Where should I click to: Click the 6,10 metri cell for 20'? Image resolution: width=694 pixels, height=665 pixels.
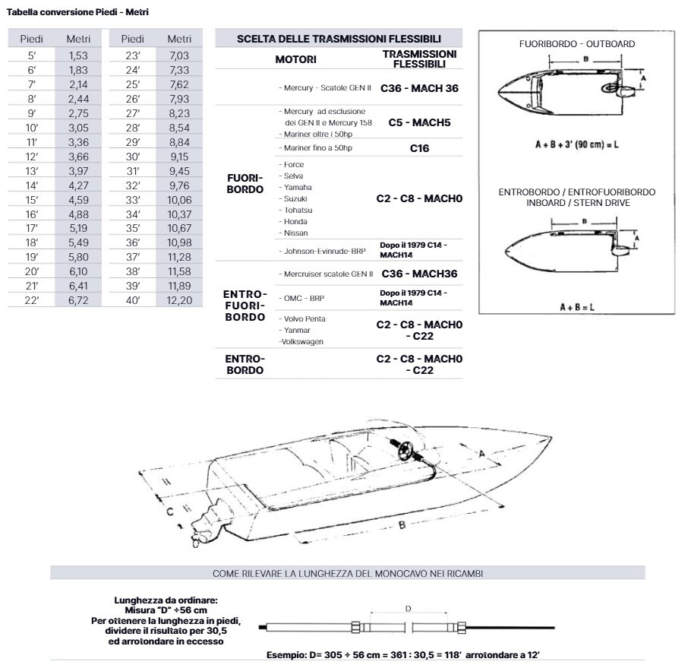click(x=77, y=271)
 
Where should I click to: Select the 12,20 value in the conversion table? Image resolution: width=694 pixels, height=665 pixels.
click(x=179, y=300)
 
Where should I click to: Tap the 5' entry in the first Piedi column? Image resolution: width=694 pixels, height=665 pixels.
click(x=31, y=55)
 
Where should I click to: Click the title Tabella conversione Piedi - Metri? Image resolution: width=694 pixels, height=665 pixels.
click(x=77, y=12)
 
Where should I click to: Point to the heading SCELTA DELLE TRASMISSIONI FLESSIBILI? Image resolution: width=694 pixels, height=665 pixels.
click(x=339, y=38)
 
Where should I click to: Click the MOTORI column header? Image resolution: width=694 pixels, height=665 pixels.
click(x=295, y=59)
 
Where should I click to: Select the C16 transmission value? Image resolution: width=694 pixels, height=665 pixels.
click(x=419, y=148)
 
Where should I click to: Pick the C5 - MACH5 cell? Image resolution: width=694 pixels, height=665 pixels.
click(x=419, y=122)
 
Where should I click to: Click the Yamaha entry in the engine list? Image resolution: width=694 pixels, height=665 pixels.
click(x=296, y=187)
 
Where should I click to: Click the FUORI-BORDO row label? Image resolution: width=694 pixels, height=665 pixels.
click(x=245, y=183)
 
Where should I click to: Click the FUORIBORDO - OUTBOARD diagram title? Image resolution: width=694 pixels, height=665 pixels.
click(x=576, y=44)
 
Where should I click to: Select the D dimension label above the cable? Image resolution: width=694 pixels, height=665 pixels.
click(x=408, y=607)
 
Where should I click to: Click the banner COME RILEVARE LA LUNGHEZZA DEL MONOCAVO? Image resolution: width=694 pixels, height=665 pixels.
click(x=347, y=573)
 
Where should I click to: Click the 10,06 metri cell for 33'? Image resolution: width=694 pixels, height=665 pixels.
click(x=179, y=199)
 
